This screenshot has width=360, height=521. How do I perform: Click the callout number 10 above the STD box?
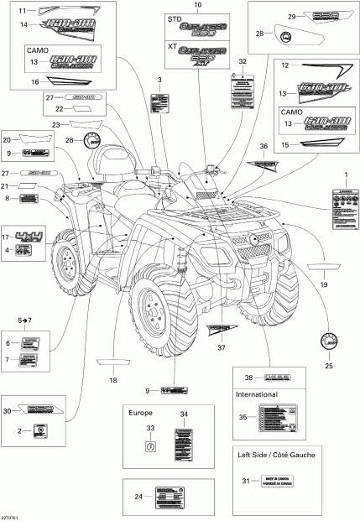click(198, 6)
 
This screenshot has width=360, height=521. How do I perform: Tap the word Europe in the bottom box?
click(140, 413)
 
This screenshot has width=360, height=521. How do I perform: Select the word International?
click(255, 391)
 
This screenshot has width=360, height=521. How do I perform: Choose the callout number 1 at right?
click(342, 172)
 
